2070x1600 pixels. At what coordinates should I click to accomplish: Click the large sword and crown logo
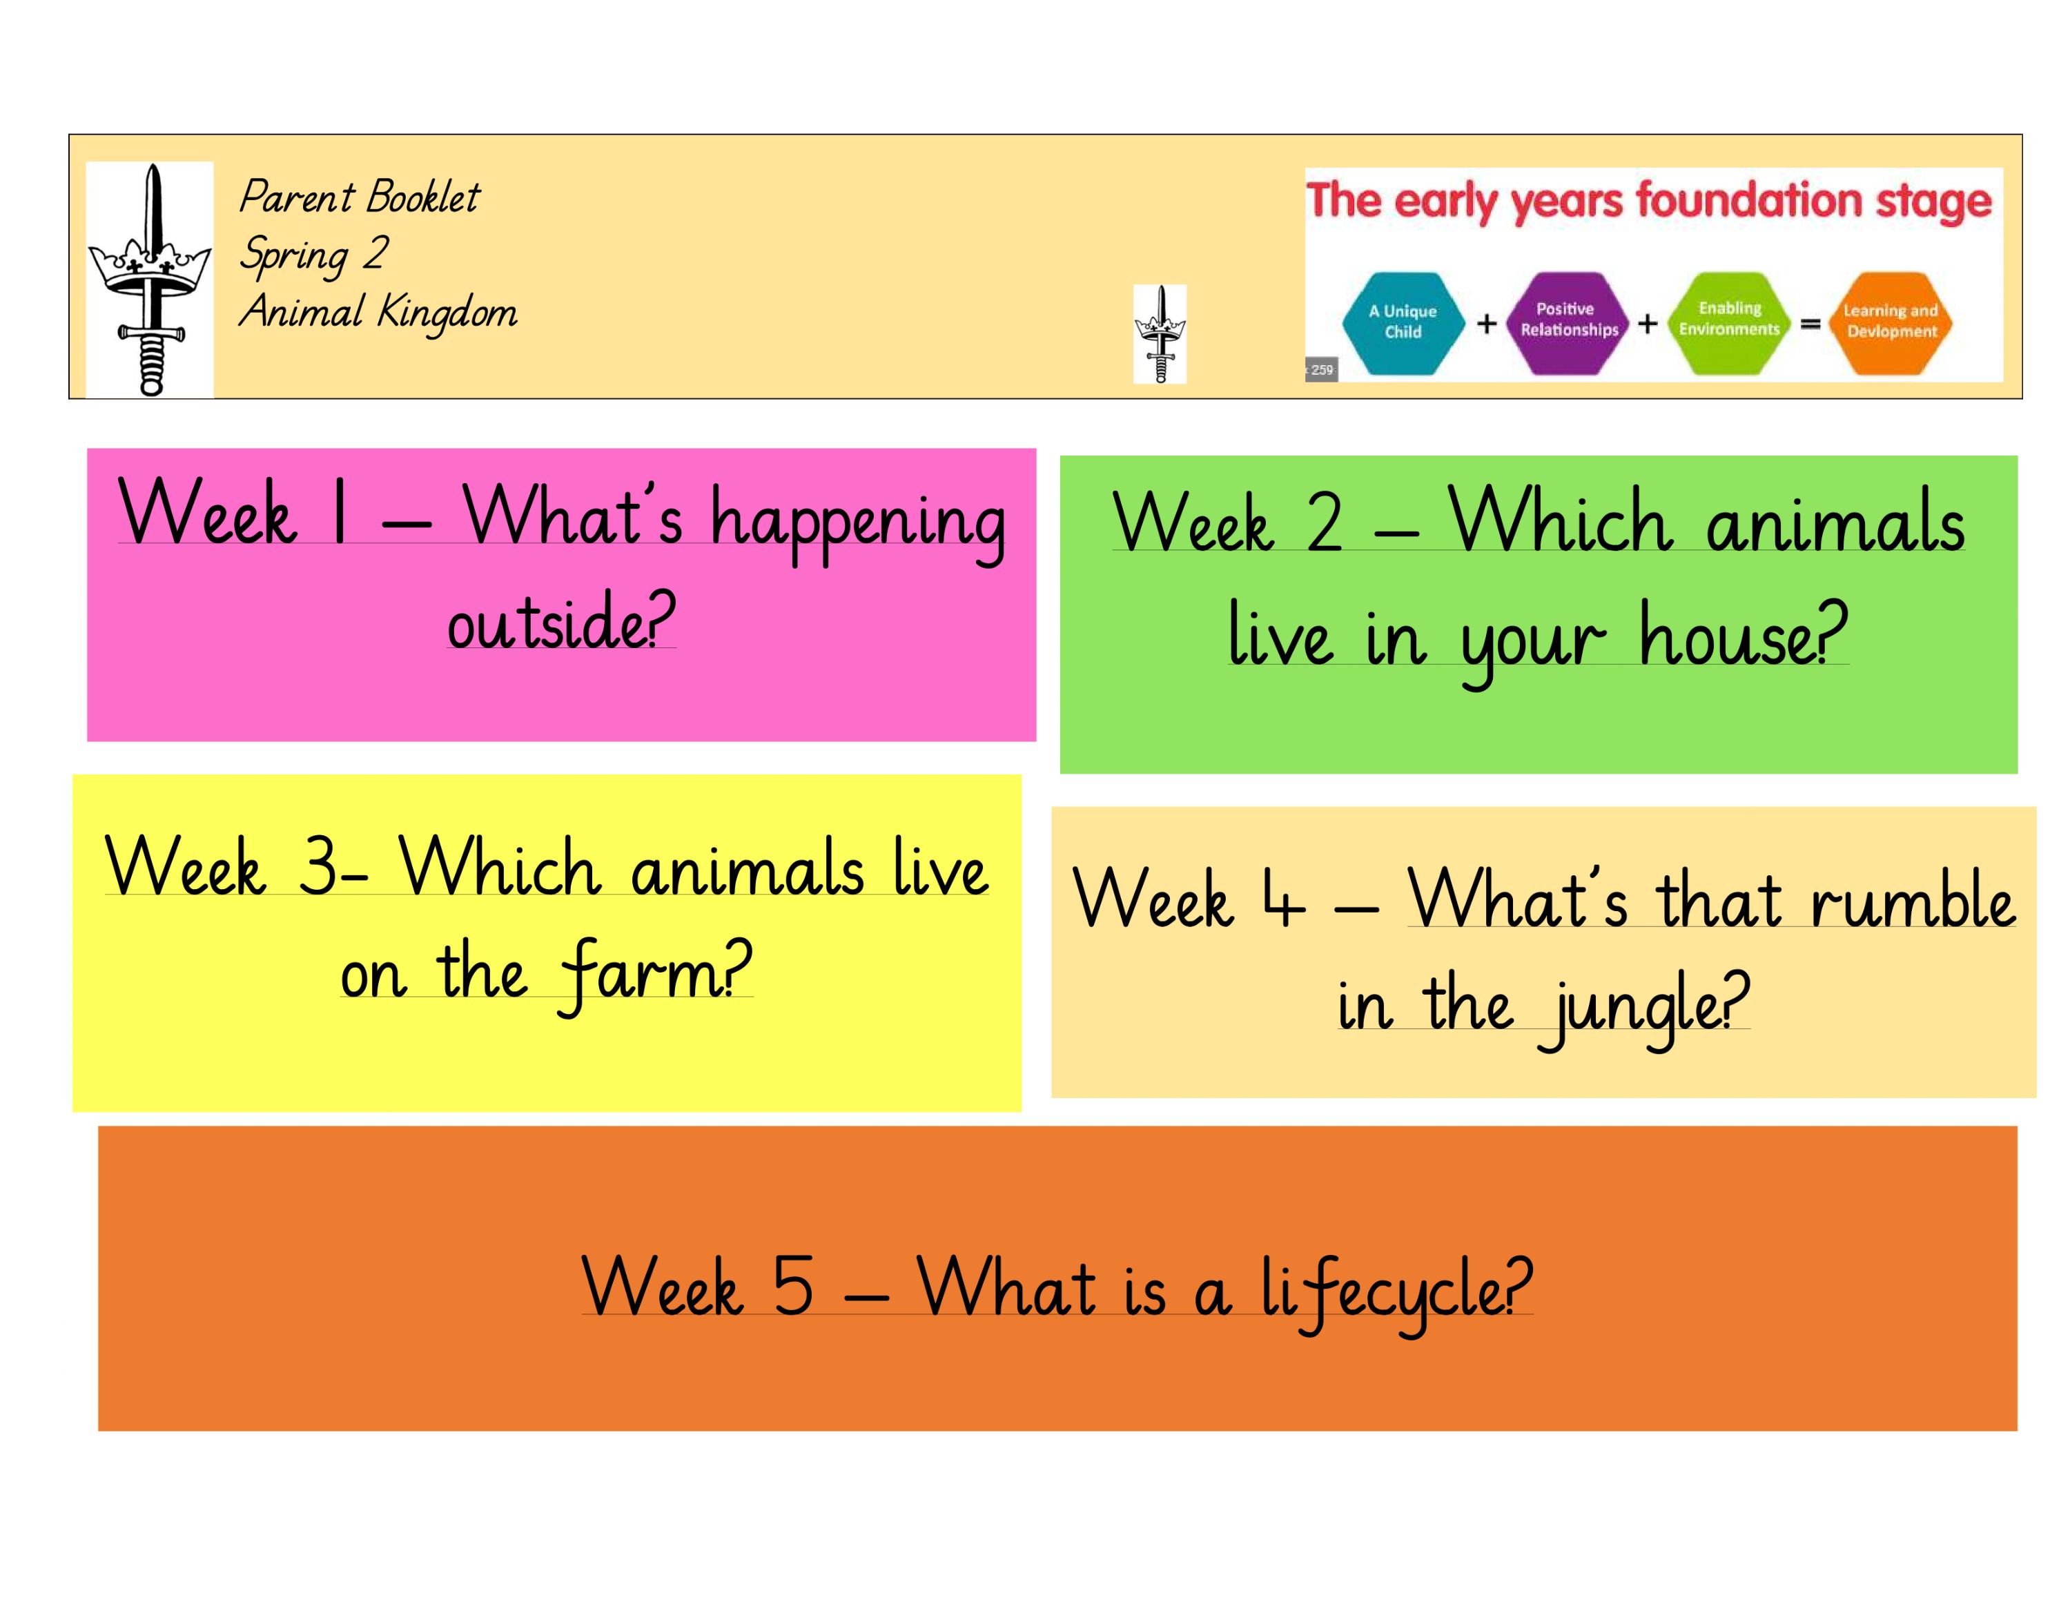tap(150, 280)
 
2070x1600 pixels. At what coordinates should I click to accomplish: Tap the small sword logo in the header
tap(1159, 333)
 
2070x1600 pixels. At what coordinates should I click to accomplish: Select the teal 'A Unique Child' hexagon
tap(1403, 322)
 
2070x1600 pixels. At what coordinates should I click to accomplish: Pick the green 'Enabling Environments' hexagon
tap(1729, 320)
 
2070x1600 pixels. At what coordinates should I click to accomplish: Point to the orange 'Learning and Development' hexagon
tap(1891, 322)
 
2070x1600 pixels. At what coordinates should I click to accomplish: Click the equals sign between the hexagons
tap(1810, 324)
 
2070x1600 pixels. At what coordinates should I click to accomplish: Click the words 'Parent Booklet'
tap(360, 197)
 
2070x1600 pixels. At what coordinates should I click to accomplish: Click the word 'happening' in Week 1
tap(858, 521)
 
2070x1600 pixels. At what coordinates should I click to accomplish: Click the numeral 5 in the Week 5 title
tap(793, 1286)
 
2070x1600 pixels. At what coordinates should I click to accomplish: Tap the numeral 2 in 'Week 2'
tap(1325, 523)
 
